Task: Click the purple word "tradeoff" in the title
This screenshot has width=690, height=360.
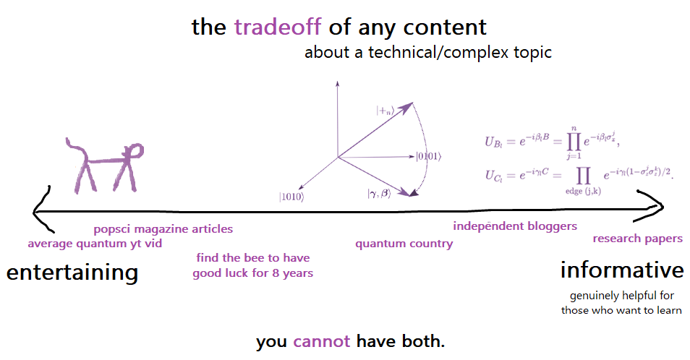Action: click(x=277, y=27)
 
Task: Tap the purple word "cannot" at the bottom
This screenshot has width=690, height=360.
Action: click(x=321, y=341)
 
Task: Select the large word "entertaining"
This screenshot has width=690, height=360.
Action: click(x=72, y=273)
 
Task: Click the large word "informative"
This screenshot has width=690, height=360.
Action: click(x=622, y=270)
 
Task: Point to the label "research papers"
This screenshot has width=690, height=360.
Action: click(x=638, y=239)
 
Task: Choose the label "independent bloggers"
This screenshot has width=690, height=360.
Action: click(x=515, y=226)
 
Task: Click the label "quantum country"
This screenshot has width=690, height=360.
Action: click(x=404, y=244)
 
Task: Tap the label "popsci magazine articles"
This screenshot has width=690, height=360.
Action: click(x=163, y=229)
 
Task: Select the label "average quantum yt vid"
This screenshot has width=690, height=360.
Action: click(x=95, y=244)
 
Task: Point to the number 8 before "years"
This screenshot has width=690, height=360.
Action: click(x=276, y=273)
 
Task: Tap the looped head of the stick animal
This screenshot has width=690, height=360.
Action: click(x=134, y=152)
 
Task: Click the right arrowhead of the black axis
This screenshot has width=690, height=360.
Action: click(x=654, y=206)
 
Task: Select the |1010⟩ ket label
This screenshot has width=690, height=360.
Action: click(x=291, y=197)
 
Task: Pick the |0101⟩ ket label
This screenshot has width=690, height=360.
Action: click(x=429, y=156)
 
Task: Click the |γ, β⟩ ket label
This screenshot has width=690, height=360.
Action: click(x=379, y=193)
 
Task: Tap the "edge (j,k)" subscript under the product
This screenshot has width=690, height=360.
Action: click(x=583, y=192)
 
